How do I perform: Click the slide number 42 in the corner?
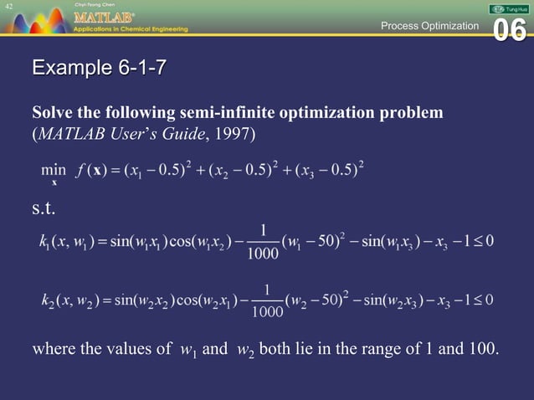point(8,6)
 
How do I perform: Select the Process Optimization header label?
point(429,26)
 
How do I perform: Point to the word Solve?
point(51,112)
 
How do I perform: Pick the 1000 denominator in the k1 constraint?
point(264,254)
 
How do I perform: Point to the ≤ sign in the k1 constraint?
point(478,241)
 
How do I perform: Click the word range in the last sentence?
point(358,349)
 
